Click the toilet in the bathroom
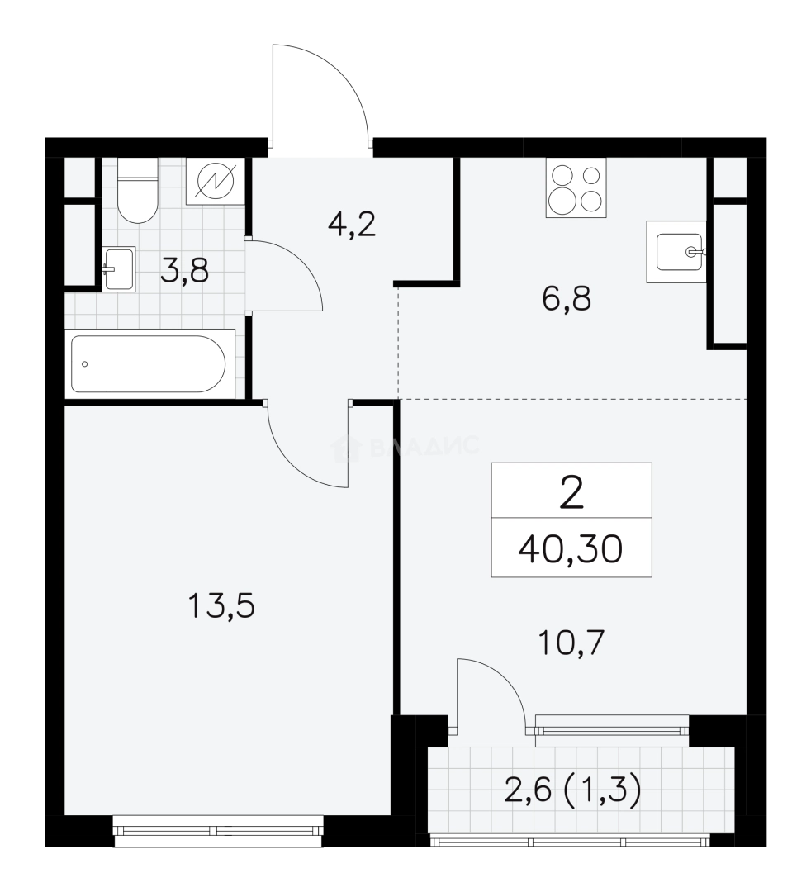[137, 190]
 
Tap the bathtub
[149, 363]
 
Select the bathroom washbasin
[119, 269]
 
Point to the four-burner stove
[576, 187]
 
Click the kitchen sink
[676, 251]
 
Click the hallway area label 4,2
[352, 225]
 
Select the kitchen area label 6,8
[567, 299]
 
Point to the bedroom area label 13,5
[221, 605]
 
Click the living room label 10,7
[571, 643]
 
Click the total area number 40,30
[571, 549]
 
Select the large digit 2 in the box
[571, 492]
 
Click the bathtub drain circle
[85, 364]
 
